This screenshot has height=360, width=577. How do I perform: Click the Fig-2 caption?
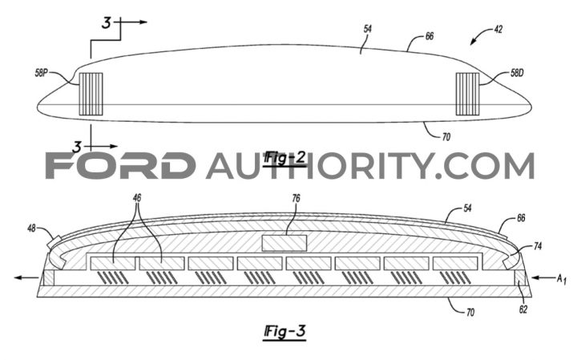pos(285,158)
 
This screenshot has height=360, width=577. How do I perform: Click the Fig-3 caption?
pos(285,332)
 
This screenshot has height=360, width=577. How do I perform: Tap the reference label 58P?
pos(42,73)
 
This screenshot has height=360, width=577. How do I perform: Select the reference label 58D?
pos(517,73)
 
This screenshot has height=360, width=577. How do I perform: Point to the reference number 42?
pos(498,29)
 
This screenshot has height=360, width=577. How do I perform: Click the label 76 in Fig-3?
pos(296,198)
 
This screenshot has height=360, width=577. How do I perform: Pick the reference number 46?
pos(137,198)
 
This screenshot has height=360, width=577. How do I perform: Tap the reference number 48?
pos(31,229)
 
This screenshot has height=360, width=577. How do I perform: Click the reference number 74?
pos(538,246)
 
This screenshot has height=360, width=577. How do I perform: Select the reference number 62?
pos(523,309)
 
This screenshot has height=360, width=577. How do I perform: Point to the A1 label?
pos(561,279)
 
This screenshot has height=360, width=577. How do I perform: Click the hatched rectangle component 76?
pos(284,243)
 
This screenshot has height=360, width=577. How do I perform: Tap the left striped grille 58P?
pos(91,94)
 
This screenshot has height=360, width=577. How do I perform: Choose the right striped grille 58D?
pos(467,94)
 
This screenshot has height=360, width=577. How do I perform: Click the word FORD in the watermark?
pos(120,166)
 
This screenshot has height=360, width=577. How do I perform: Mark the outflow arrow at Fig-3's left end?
pos(26,277)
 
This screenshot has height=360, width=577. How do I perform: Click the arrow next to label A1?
pos(543,277)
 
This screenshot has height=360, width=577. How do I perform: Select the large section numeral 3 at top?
pos(106,23)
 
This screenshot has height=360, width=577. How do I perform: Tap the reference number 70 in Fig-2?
pos(446,137)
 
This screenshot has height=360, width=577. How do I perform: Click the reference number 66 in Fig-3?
pos(521,218)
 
